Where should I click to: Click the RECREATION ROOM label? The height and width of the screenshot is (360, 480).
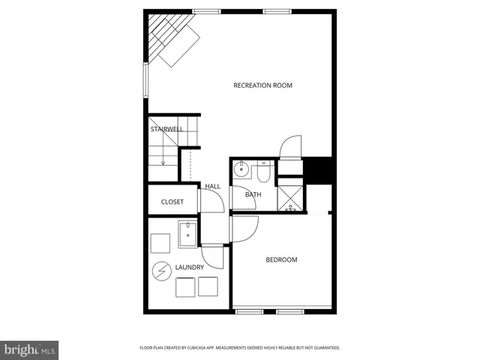click(262, 85)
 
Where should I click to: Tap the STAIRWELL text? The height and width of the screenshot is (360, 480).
click(166, 129)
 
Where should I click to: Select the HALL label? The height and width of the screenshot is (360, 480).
click(212, 186)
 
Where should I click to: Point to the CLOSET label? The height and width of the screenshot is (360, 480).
click(172, 202)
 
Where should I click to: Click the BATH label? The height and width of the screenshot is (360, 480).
click(253, 195)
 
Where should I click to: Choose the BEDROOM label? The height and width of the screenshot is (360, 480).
click(281, 260)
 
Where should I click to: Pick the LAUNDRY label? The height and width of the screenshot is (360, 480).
click(189, 267)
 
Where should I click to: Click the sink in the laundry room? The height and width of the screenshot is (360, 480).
click(187, 233)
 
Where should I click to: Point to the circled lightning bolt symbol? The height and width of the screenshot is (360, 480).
click(162, 271)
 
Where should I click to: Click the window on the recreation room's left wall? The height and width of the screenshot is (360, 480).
click(146, 79)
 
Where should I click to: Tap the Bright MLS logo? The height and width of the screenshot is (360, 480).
click(28, 349)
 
